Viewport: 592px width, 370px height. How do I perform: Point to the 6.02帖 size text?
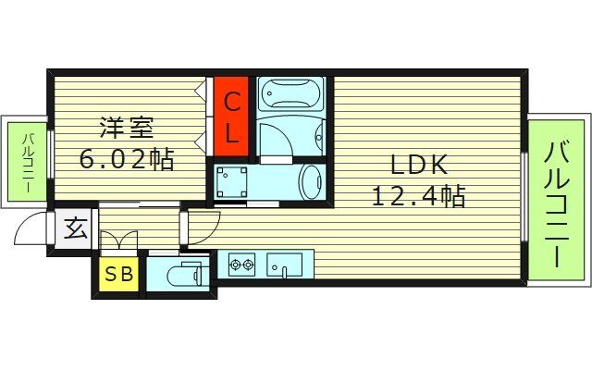[128, 159]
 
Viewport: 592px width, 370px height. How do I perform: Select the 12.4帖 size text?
[417, 196]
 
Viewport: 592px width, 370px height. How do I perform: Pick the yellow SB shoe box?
[117, 275]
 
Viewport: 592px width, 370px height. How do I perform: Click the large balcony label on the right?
[556, 203]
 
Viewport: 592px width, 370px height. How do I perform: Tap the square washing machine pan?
[232, 181]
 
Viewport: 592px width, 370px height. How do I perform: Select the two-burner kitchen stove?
[240, 265]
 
